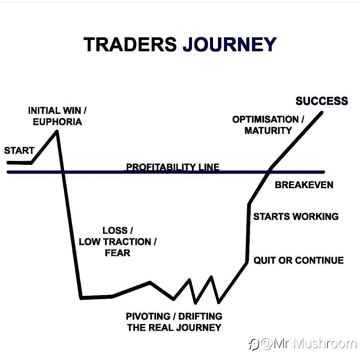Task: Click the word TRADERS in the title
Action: click(130, 44)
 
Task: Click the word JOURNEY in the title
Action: click(230, 44)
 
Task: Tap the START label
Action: click(19, 151)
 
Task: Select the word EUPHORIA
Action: click(57, 122)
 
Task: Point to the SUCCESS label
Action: click(322, 101)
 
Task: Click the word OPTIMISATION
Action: click(265, 120)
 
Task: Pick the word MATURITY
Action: click(268, 131)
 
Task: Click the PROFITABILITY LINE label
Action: click(173, 167)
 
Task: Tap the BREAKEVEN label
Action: click(304, 185)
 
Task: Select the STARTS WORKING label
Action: click(296, 216)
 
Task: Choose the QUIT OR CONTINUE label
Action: click(299, 260)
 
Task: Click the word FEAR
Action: click(117, 253)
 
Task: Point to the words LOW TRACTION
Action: click(115, 242)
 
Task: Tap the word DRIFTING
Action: click(200, 316)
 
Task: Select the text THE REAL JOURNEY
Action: click(174, 328)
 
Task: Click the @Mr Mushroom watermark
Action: click(302, 344)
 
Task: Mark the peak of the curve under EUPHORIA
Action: click(57, 132)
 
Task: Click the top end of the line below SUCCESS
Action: click(322, 113)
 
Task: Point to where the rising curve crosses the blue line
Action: click(268, 172)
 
